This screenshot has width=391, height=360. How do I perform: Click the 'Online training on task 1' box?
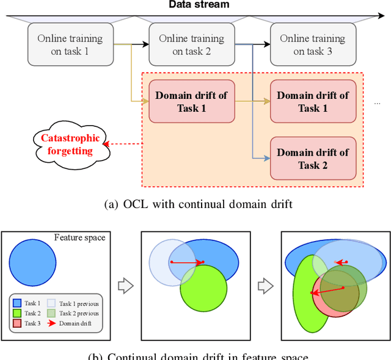pyautogui.click(x=71, y=45)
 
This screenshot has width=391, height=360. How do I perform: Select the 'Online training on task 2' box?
pyautogui.click(x=191, y=45)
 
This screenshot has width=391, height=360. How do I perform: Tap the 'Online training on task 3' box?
pyautogui.click(x=312, y=45)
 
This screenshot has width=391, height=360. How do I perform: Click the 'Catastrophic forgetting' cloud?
pyautogui.click(x=71, y=144)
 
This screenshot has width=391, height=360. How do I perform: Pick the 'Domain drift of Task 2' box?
pyautogui.click(x=313, y=158)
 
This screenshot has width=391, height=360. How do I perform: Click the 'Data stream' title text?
pyautogui.click(x=199, y=5)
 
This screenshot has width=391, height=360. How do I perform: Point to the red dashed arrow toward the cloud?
pyautogui.click(x=122, y=145)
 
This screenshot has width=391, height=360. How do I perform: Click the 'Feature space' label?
pyautogui.click(x=79, y=237)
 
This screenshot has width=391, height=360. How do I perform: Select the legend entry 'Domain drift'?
pyautogui.click(x=75, y=323)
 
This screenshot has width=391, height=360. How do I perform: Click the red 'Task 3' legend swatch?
pyautogui.click(x=17, y=323)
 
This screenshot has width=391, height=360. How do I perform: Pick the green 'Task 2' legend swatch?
pyautogui.click(x=17, y=313)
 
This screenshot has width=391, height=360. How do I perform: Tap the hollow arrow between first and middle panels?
pyautogui.click(x=124, y=285)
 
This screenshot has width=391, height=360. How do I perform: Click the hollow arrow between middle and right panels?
pyautogui.click(x=265, y=285)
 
